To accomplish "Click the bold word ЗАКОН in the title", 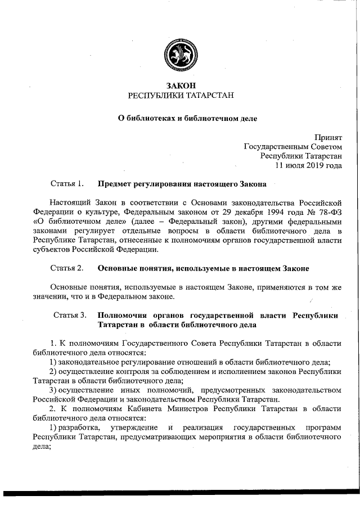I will [180, 86].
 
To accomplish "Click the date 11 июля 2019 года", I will [308, 165].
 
